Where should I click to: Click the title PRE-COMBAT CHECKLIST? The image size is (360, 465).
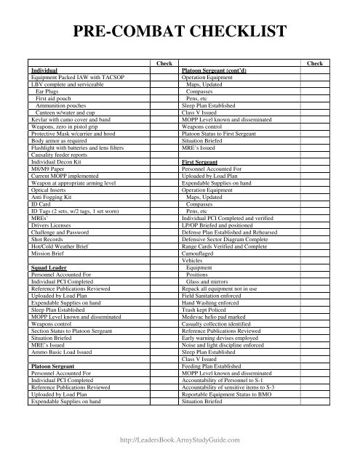click(x=180, y=32)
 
